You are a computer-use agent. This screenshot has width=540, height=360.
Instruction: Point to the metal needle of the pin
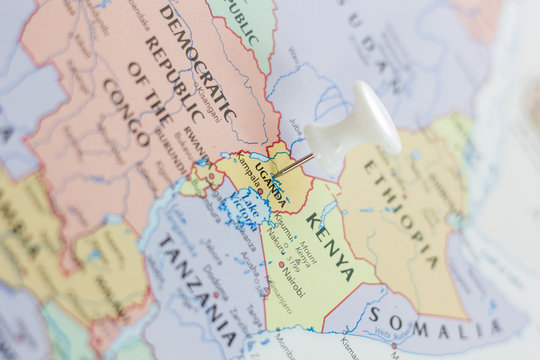click(294, 165)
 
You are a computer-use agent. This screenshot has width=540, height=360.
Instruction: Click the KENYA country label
click(330, 245)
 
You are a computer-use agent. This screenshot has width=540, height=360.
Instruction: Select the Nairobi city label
click(293, 268)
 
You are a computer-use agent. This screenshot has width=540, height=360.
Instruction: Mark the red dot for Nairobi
click(282, 265)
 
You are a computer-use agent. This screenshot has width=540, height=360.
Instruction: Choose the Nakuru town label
click(276, 240)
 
